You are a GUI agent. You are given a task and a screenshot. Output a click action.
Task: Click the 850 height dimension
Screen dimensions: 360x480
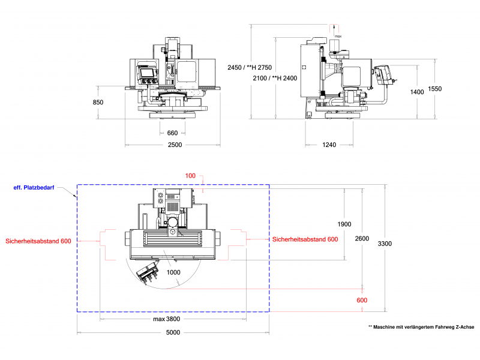(x=98, y=103)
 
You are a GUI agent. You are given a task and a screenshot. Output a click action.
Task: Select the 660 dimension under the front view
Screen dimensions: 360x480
(x=172, y=133)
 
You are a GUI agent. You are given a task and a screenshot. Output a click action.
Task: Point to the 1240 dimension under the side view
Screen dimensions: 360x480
(x=328, y=145)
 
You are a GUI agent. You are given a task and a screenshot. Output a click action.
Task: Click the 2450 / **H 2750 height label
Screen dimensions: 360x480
(x=250, y=67)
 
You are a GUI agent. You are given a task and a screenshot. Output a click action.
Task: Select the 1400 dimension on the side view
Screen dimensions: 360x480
(x=417, y=92)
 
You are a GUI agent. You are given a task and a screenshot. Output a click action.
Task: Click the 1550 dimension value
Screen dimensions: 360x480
(x=435, y=89)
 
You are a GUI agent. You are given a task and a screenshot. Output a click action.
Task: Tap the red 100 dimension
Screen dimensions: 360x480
(x=190, y=176)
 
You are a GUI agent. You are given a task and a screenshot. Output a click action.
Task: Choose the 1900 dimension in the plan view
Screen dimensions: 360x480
(x=344, y=224)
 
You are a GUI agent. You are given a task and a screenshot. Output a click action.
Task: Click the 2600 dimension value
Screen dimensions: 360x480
(x=362, y=238)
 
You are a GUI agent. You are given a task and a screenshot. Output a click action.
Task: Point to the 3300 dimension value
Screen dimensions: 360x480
(x=385, y=243)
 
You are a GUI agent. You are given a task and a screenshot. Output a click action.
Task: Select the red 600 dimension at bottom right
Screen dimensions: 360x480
(x=362, y=300)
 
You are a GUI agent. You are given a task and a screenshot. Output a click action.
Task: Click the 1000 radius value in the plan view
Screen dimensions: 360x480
(x=173, y=272)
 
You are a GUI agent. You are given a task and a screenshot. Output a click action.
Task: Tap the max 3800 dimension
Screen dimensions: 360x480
(x=167, y=319)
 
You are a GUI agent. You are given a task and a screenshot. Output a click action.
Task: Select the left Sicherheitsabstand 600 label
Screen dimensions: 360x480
(x=38, y=241)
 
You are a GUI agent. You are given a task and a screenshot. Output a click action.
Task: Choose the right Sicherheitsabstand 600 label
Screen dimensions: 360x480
(x=305, y=239)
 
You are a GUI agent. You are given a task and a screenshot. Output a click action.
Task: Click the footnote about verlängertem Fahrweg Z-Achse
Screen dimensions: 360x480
(x=421, y=327)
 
